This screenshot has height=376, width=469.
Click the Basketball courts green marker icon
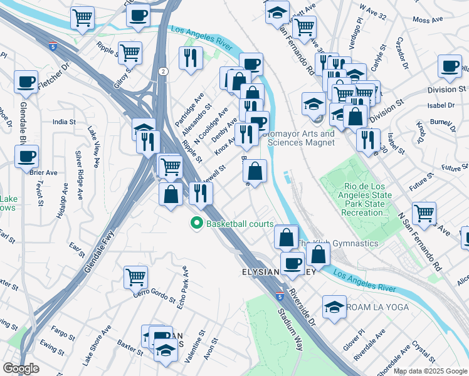pyautogui.click(x=197, y=223)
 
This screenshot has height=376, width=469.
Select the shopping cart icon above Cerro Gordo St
pyautogui.click(x=135, y=276)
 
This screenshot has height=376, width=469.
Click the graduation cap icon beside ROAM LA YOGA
pyautogui.click(x=334, y=306)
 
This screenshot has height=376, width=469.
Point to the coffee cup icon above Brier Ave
pyautogui.click(x=26, y=155)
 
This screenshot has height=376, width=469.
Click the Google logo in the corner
pyautogui.click(x=21, y=368)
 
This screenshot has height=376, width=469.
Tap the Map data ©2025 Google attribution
pyautogui.click(x=429, y=371)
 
